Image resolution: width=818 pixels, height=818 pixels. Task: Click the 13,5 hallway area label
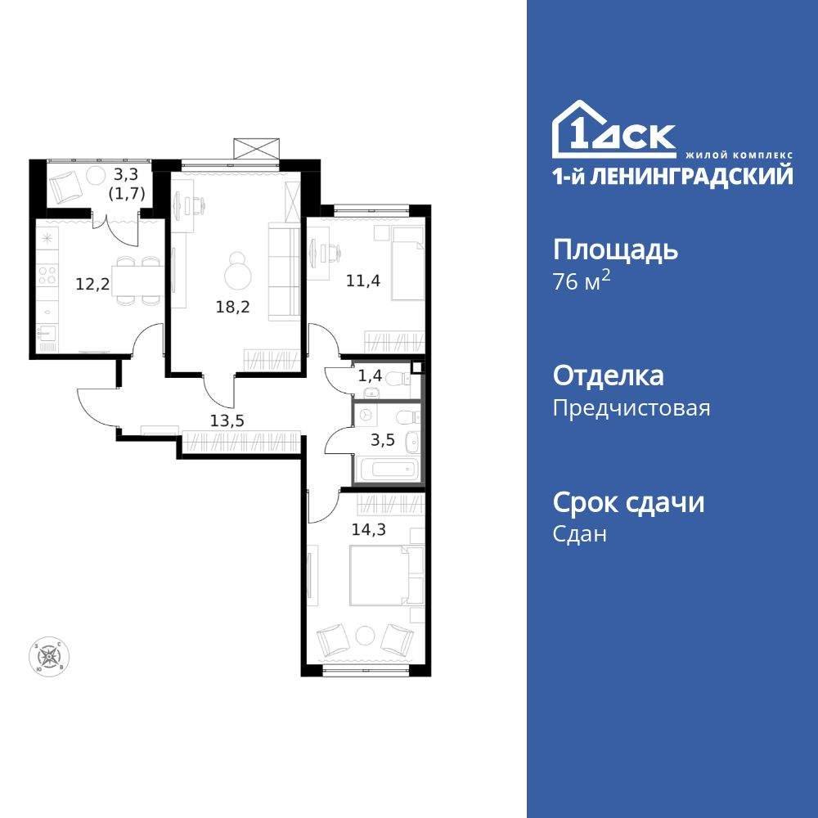coord(227,421)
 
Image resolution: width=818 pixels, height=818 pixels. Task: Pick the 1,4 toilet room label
coord(370,377)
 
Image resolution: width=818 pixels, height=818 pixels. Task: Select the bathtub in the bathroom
coord(389,471)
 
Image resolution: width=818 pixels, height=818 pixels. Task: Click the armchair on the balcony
coord(65,187)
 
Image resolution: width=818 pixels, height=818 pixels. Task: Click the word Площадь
coord(615,250)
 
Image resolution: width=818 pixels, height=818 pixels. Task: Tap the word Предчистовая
coord(631,407)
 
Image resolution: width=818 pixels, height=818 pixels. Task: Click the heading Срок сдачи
coord(628,502)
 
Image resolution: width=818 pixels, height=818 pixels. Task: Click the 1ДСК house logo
coord(613,131)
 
